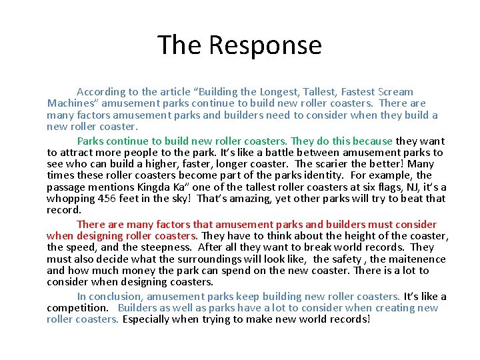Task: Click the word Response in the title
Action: (x=265, y=45)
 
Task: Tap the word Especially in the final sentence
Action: (x=149, y=319)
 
